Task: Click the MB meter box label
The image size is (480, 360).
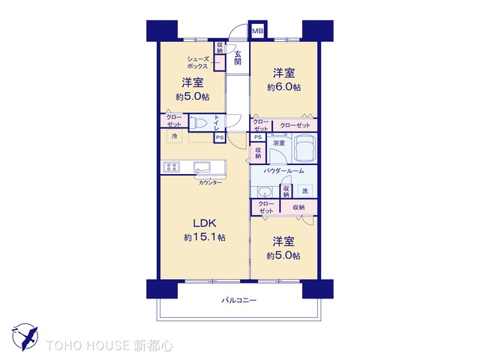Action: (x=257, y=31)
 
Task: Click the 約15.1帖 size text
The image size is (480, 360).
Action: (x=205, y=237)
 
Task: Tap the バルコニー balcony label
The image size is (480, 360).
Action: (x=239, y=300)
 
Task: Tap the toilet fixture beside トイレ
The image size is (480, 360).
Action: (x=198, y=121)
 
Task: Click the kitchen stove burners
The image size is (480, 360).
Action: (x=170, y=166)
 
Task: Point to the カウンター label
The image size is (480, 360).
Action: (x=210, y=182)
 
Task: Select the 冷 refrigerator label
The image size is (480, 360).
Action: (x=174, y=136)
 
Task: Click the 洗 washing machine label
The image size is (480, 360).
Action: (x=304, y=190)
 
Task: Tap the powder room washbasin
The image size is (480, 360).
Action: (x=263, y=190)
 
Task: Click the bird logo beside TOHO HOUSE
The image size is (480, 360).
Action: (x=25, y=337)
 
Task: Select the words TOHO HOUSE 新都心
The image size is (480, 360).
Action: (x=109, y=346)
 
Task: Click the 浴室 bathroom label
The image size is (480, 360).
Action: (x=279, y=142)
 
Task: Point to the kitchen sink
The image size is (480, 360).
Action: (x=203, y=166)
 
